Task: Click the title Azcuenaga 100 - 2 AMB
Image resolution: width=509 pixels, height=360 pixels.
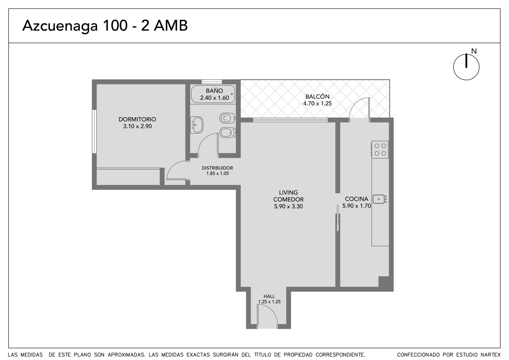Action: click(105, 26)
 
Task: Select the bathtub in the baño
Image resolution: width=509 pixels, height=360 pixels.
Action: click(213, 94)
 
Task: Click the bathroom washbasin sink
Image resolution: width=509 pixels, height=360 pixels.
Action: click(197, 125)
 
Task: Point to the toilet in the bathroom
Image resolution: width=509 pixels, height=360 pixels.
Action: click(227, 118)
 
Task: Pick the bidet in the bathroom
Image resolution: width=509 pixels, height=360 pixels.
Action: click(228, 132)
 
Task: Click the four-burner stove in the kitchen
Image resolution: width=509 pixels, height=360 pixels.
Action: click(380, 150)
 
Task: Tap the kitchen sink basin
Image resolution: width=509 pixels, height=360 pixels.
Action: click(379, 199)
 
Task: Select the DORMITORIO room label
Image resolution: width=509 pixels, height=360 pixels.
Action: click(137, 119)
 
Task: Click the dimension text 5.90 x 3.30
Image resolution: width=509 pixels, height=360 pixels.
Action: click(288, 207)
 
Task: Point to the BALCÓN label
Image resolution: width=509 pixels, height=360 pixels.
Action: click(317, 96)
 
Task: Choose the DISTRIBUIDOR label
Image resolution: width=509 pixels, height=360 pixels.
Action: click(218, 168)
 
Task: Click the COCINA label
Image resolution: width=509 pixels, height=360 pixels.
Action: click(357, 199)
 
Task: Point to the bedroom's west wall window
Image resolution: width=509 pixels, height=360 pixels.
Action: click(94, 131)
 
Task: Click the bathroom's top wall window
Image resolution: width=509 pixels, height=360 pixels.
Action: click(212, 82)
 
